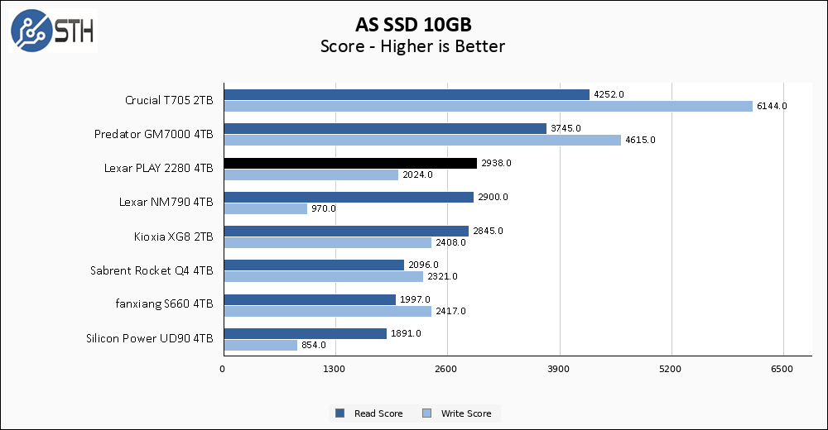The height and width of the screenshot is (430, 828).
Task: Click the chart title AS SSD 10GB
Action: tap(413, 24)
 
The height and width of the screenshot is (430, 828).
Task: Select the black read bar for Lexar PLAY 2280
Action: tap(349, 163)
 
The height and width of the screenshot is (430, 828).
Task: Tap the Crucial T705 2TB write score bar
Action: tap(488, 106)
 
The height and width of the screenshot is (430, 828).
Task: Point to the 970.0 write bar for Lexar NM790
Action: tap(265, 208)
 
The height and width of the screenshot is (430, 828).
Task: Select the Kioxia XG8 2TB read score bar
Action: tap(345, 231)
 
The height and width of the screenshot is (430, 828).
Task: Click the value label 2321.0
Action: tap(443, 276)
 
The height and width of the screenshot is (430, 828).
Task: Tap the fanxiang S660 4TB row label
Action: tap(164, 303)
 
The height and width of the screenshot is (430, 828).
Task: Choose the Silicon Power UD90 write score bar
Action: tap(260, 345)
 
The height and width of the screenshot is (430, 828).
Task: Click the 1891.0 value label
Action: tap(407, 333)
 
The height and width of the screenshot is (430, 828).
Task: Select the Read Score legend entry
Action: tap(372, 413)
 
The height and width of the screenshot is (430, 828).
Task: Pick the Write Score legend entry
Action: tap(460, 413)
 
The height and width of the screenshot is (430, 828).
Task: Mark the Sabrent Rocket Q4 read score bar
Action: tap(313, 265)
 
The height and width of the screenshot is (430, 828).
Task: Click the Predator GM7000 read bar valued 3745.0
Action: tap(384, 128)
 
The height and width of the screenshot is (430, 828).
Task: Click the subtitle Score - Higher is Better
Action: tap(413, 46)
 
